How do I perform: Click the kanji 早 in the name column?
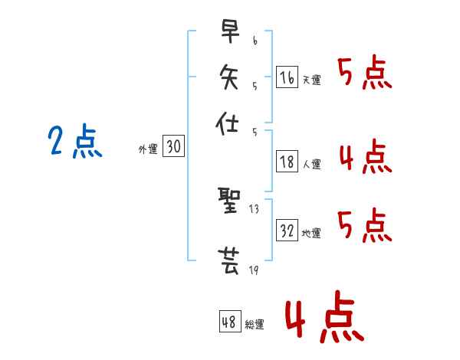[230, 31]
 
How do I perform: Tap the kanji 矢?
[229, 77]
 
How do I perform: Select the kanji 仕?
[227, 123]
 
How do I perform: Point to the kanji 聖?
[229, 200]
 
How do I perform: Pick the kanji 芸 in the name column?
[228, 261]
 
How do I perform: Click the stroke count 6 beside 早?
[255, 41]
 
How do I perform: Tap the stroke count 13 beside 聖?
[254, 209]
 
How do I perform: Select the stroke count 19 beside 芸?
[254, 270]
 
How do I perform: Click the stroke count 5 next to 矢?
[255, 87]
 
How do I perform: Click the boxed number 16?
[287, 77]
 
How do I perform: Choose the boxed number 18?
[287, 162]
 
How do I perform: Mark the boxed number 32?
[287, 230]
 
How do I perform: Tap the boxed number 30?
[173, 146]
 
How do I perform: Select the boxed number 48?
[230, 321]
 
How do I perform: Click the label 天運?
[312, 80]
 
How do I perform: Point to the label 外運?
[148, 149]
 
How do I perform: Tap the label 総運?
[255, 324]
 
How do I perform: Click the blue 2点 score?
[75, 141]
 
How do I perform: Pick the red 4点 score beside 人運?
[366, 156]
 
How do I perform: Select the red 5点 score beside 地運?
[365, 225]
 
